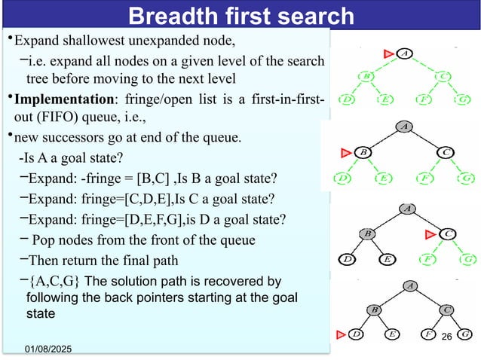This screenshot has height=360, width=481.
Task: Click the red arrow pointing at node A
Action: pos(389,53)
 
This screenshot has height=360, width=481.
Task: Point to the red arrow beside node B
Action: pos(347,153)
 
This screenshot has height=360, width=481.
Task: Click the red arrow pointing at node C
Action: pos(432,233)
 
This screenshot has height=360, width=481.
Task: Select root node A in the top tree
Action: pos(405,53)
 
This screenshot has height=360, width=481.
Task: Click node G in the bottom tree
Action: pos(466,333)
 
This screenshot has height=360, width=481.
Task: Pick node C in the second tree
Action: pos(447,153)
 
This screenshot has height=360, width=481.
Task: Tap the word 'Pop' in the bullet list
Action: pos(47,240)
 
